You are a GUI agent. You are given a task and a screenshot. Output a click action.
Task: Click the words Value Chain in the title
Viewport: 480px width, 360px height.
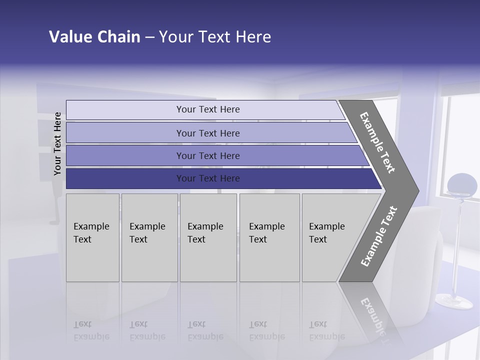click(94, 37)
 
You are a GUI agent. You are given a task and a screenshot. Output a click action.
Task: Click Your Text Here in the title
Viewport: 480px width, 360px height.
click(215, 37)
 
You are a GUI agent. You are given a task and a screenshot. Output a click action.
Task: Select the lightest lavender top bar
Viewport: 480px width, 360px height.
click(207, 109)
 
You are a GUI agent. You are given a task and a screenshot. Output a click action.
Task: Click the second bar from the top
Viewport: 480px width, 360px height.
click(207, 133)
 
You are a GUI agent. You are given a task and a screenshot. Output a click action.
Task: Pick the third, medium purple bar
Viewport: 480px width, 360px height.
click(207, 155)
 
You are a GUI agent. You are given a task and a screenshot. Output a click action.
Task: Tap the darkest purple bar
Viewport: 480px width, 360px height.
click(207, 178)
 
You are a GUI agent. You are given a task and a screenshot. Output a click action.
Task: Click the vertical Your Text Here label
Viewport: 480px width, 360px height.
click(58, 143)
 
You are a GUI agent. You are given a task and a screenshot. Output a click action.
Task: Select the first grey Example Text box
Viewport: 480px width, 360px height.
click(92, 237)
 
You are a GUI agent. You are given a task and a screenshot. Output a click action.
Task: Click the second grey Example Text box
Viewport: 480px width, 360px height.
click(149, 237)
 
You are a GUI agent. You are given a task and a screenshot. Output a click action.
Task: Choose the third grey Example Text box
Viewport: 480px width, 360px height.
click(208, 237)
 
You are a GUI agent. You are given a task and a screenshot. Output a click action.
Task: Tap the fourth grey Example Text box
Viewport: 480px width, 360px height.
click(269, 237)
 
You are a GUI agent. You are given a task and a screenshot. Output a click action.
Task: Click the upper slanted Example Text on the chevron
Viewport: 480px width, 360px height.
click(377, 142)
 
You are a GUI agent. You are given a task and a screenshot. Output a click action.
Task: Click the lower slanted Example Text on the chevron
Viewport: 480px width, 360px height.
click(378, 236)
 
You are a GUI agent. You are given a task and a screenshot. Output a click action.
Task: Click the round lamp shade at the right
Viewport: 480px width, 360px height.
click(461, 185)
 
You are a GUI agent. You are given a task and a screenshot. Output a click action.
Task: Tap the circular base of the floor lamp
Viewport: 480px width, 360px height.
click(453, 301)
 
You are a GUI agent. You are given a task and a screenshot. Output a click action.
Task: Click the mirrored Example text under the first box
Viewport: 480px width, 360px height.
click(91, 330)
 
